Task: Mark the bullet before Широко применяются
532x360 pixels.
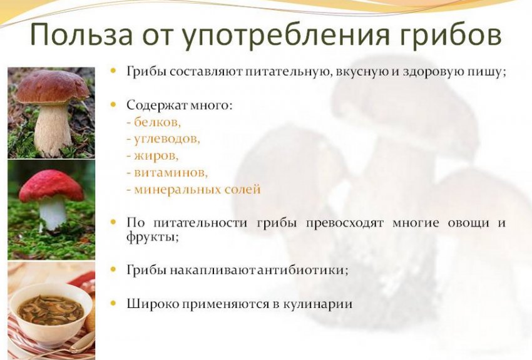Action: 113,304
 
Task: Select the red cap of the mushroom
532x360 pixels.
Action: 51,185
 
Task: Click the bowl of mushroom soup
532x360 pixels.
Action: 49,310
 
